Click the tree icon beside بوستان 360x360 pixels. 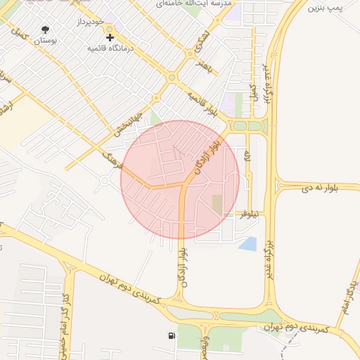pyautogui.click(x=46, y=30)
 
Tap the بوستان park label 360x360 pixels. pyautogui.click(x=46, y=41)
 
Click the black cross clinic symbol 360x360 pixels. pyautogui.click(x=110, y=37)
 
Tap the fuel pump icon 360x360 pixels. pyautogui.click(x=172, y=335)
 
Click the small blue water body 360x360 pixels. pyautogui.click(x=247, y=243)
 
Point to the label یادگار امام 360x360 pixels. pyautogui.click(x=349, y=295)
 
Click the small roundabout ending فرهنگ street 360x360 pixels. pyautogui.click(x=105, y=181)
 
